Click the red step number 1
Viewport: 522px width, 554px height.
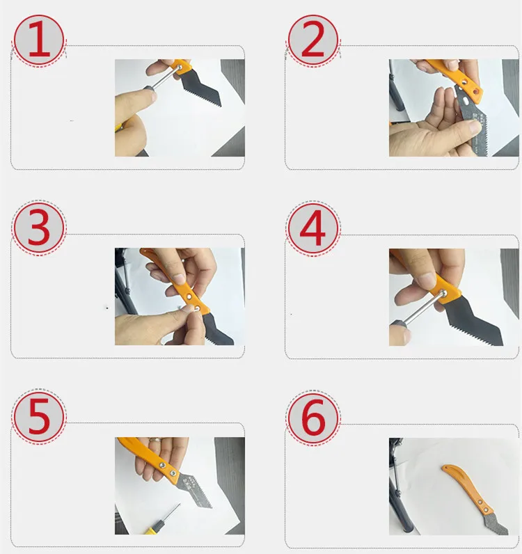point(39,39)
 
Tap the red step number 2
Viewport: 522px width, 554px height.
point(313,39)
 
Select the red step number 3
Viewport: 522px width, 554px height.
point(39,227)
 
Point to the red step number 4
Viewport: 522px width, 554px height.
point(313,227)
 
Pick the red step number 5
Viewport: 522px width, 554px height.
point(39,416)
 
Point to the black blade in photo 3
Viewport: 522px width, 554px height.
point(216,329)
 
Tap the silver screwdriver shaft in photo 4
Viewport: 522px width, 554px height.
point(422,308)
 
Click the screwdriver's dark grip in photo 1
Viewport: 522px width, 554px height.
point(149,88)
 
